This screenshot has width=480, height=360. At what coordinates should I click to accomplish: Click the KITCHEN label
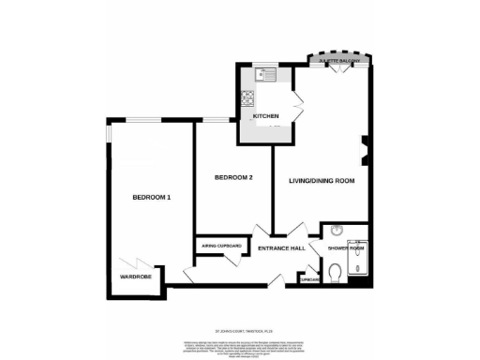coord(266,115)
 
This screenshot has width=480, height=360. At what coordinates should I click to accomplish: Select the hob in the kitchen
coord(248,97)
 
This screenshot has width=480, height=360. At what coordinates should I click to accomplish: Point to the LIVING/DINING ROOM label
coord(321,180)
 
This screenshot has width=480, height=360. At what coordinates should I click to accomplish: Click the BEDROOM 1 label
coord(151,197)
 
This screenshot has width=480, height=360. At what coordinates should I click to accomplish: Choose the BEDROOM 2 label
coord(233,176)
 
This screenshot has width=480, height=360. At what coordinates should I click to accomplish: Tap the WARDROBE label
coord(135,277)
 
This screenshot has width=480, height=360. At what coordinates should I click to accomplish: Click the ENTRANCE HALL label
coord(282,249)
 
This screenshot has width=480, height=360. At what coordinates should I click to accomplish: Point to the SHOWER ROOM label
coord(345,248)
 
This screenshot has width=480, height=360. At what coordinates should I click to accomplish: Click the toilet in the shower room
coord(335,273)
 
